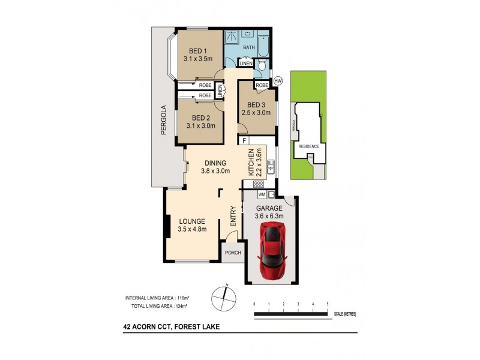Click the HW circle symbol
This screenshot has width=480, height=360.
coord(278,81)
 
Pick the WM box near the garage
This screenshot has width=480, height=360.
coord(262,194)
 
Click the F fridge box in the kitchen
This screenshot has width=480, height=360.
coord(245,140)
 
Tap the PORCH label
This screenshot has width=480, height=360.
coord(232,253)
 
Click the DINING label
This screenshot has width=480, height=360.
coord(215,163)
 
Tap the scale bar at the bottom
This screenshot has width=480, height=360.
coord(290,314)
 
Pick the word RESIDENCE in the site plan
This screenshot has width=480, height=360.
coord(308,146)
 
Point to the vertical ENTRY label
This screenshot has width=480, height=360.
coord(232,216)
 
